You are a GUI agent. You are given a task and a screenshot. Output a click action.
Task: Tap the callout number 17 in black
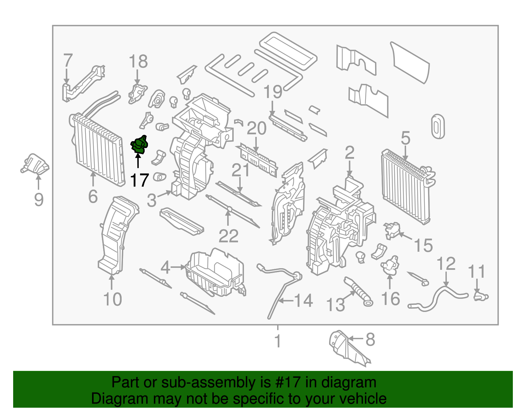pyautogui.click(x=140, y=180)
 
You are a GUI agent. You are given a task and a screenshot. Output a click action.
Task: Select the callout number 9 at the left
pyautogui.click(x=38, y=199)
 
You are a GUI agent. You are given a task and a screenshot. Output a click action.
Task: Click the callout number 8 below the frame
pyautogui.click(x=370, y=339)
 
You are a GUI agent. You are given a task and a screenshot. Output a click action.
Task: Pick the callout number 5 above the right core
pyautogui.click(x=405, y=138)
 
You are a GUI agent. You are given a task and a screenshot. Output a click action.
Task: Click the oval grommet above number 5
pyautogui.click(x=438, y=126)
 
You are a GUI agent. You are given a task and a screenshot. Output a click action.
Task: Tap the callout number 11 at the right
pyautogui.click(x=476, y=271)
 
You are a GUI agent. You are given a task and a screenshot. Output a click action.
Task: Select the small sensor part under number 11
pyautogui.click(x=480, y=296)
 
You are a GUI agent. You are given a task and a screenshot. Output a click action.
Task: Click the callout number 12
pyautogui.click(x=446, y=264)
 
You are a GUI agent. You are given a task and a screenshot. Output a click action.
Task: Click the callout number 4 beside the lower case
pyautogui.click(x=165, y=267)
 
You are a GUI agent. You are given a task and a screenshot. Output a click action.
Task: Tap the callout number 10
pyautogui.click(x=112, y=299)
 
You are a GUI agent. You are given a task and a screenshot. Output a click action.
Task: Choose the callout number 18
pyautogui.click(x=138, y=62)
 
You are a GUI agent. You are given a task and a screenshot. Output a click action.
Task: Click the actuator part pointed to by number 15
pyautogui.click(x=392, y=230)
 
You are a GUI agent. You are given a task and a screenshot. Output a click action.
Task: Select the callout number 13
pyautogui.click(x=335, y=305)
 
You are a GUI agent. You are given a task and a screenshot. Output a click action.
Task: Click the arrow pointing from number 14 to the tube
pyautogui.click(x=284, y=300)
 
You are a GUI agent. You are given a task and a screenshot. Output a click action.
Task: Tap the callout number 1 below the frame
pyautogui.click(x=278, y=341)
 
